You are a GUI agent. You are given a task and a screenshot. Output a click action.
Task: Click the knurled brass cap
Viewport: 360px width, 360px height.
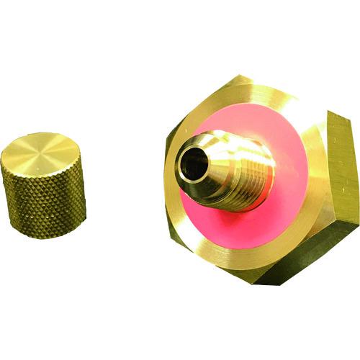click(43, 180)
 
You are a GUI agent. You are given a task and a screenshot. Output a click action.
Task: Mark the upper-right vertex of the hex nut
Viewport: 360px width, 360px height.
click(328, 114)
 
